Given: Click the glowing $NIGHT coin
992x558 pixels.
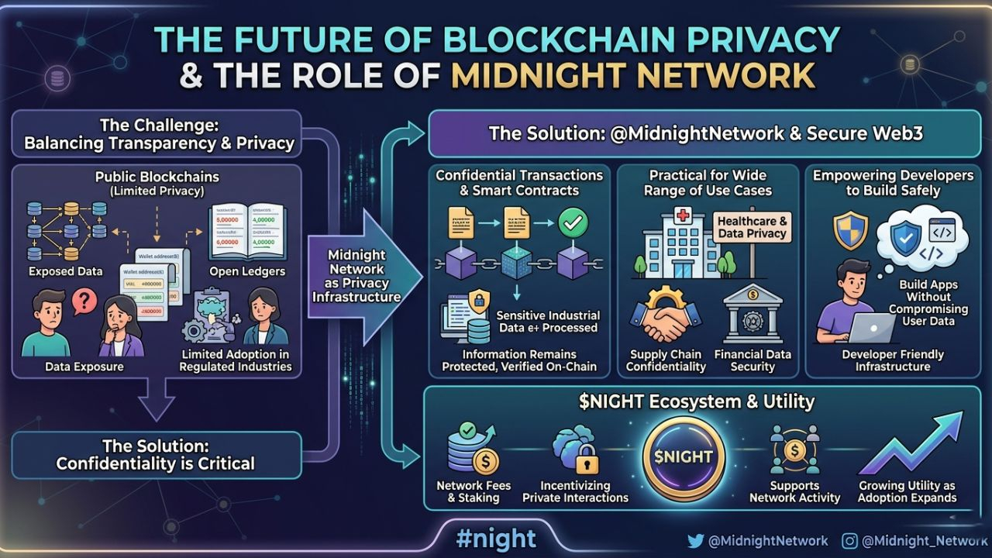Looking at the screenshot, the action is pos(683,457).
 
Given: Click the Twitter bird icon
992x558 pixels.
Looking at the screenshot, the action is pos(696,541).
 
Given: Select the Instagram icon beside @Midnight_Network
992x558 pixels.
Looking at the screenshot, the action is pos(850,541).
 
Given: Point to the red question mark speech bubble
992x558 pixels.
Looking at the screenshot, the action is pos(84,301).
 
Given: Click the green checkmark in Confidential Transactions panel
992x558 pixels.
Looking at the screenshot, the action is pos(573,222).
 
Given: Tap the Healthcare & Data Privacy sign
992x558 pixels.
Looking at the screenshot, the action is pos(751,227).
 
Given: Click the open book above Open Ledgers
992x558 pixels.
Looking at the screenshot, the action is pos(248,232).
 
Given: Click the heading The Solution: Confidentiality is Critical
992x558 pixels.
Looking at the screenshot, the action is pos(155,455).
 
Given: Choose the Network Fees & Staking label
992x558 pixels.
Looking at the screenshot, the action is pos(474,491).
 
